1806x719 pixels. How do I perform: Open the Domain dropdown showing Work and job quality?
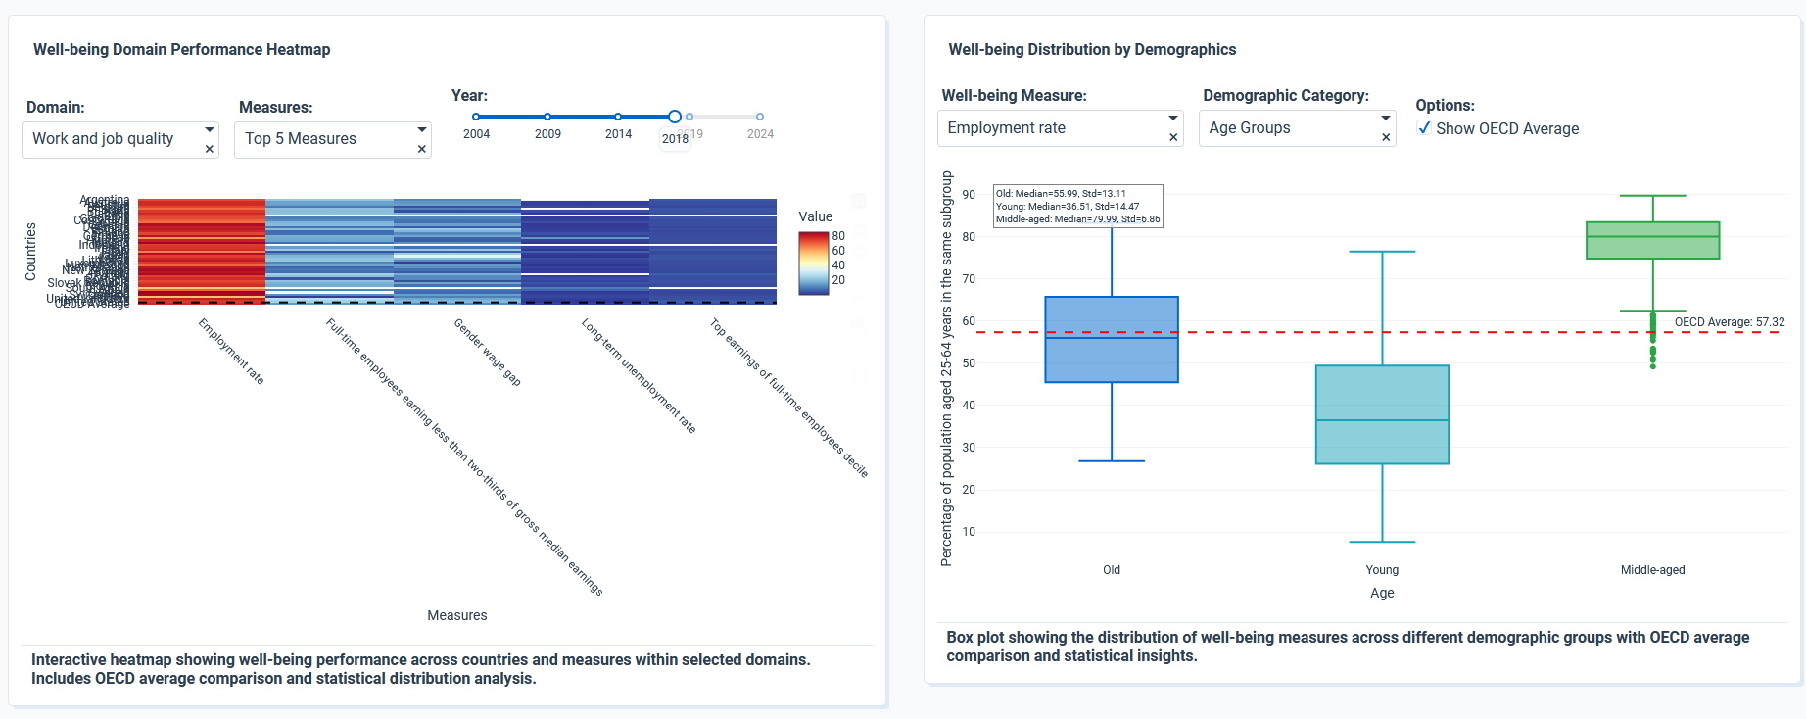click(x=113, y=139)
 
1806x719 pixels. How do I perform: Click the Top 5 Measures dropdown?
click(x=323, y=139)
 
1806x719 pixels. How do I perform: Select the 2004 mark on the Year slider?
click(x=476, y=117)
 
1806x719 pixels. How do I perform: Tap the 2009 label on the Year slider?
click(x=547, y=134)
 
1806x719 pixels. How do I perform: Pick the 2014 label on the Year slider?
click(x=618, y=134)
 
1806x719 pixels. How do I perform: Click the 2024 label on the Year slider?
click(x=760, y=134)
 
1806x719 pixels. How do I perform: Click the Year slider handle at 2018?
click(x=675, y=117)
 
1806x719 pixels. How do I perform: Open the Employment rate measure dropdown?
click(x=1053, y=128)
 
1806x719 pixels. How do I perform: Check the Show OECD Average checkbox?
click(x=1425, y=128)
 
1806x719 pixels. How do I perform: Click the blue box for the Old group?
click(x=1112, y=339)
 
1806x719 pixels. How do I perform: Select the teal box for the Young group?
click(x=1382, y=414)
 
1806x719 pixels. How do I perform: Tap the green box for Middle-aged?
click(x=1652, y=240)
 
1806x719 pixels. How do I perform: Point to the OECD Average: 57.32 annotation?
click(x=1729, y=322)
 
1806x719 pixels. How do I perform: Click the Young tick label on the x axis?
click(x=1382, y=570)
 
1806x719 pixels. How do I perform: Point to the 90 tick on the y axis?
click(x=969, y=195)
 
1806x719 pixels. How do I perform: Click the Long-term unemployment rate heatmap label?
click(x=639, y=375)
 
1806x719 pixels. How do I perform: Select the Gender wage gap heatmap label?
click(x=487, y=352)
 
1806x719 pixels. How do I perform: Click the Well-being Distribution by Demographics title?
click(x=1092, y=50)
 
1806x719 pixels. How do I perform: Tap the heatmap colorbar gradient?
click(x=813, y=264)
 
